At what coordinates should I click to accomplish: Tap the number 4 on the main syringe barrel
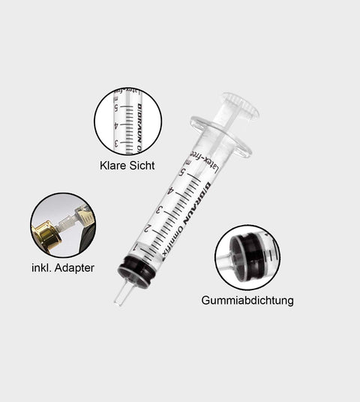click(172, 191)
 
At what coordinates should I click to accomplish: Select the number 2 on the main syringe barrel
click(148, 228)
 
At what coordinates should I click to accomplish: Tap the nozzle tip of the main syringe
click(118, 301)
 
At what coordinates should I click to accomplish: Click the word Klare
click(113, 166)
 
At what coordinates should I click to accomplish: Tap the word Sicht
click(142, 166)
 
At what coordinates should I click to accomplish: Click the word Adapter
click(73, 267)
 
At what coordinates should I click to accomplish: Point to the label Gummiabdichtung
click(247, 300)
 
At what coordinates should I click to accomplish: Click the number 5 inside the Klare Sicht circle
click(116, 107)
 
